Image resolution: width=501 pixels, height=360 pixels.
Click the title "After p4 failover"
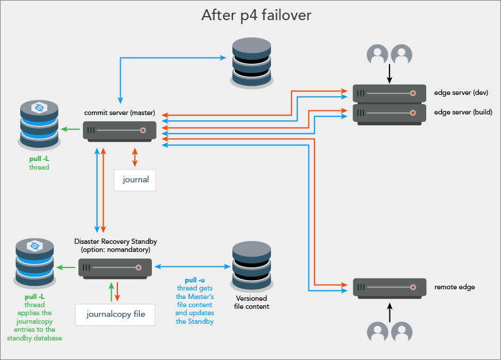click(x=256, y=16)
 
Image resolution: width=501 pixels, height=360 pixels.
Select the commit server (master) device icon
click(x=120, y=132)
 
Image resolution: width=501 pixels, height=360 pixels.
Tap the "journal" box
click(x=135, y=179)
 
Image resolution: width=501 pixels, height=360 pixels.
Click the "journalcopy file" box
click(x=116, y=314)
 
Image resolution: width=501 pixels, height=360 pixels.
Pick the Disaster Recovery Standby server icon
click(x=115, y=267)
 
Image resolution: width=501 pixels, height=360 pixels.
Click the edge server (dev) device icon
click(x=389, y=93)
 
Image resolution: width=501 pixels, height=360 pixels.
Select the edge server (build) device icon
click(x=389, y=113)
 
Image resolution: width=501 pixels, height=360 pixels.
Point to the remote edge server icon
click(x=389, y=287)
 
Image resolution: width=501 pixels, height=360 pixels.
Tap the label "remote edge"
click(x=454, y=287)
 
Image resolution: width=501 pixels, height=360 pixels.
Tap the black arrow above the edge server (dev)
click(x=389, y=74)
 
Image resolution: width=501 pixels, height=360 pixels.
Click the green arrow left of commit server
click(x=71, y=129)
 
